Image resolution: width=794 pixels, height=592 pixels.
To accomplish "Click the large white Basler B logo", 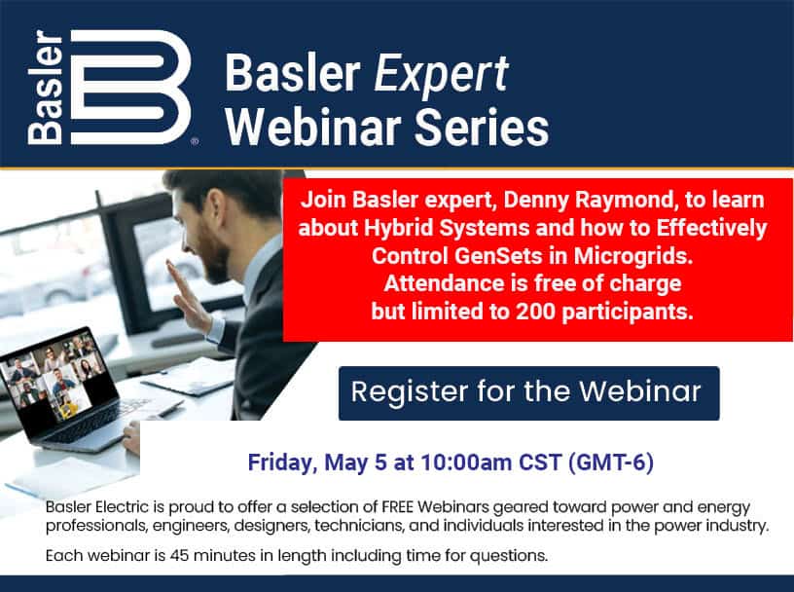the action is click(x=130, y=88).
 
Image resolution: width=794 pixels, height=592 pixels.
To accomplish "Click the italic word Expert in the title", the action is click(x=441, y=75).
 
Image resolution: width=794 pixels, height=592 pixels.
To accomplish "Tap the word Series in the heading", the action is click(x=482, y=128).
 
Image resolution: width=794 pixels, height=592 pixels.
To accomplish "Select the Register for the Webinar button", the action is click(x=528, y=392).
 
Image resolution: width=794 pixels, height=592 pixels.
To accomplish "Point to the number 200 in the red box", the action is click(x=536, y=312).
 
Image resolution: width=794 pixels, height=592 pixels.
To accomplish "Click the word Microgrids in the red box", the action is click(x=633, y=255).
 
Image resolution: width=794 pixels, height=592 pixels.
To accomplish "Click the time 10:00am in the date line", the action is click(x=466, y=462).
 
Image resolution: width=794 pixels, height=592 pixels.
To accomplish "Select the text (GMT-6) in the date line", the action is click(x=611, y=462).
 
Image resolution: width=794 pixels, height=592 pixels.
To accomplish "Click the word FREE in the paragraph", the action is click(x=398, y=507).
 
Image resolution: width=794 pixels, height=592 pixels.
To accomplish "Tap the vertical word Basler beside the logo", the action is click(x=46, y=88).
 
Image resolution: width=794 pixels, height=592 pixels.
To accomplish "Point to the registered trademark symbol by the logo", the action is click(x=195, y=142).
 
